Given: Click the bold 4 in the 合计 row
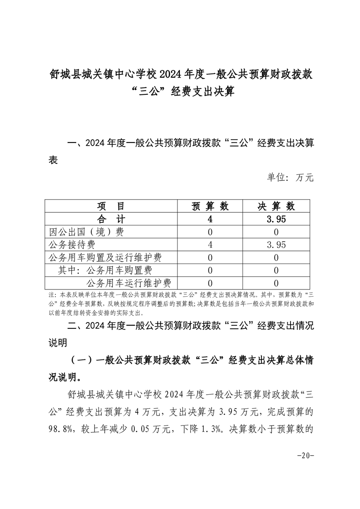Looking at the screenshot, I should (x=210, y=219).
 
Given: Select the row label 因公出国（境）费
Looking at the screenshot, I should (x=86, y=232).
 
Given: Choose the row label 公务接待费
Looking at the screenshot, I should (x=72, y=245).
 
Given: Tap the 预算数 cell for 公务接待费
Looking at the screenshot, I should (x=210, y=245).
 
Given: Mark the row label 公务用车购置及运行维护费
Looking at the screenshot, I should (x=105, y=258).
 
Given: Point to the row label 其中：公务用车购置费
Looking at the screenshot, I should (x=105, y=271).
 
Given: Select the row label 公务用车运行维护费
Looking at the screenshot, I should (x=128, y=284).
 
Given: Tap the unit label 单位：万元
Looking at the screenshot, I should (x=290, y=177).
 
